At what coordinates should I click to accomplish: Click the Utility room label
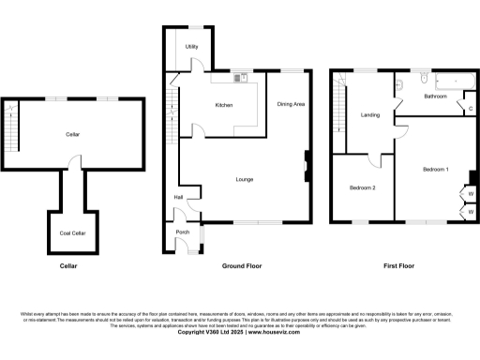coord(191,46)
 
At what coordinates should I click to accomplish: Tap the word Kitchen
coord(223,104)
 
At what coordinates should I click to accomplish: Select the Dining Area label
coord(291,104)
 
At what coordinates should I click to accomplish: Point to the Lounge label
coord(245,179)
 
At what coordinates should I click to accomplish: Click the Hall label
coord(177,197)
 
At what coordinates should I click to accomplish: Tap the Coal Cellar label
coord(73,232)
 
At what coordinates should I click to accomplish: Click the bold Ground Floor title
coord(242,266)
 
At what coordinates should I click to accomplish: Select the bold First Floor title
coord(399,266)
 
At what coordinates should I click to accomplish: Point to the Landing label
coord(369,115)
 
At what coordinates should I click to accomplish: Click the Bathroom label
coord(435,97)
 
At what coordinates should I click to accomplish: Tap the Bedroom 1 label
coord(435,169)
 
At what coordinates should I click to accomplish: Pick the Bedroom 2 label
coord(363,187)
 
